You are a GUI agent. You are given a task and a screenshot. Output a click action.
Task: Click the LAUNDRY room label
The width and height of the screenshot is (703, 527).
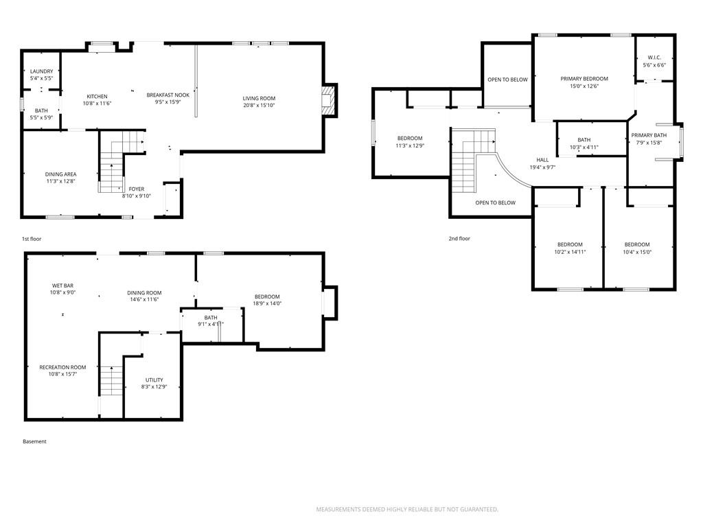coord(42,71)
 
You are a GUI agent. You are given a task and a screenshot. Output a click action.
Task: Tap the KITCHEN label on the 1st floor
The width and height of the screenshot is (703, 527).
coord(97,96)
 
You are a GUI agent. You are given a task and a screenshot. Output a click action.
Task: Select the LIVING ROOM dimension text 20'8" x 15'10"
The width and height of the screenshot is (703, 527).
coord(259,105)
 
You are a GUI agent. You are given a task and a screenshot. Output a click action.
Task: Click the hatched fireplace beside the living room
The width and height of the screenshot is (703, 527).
coord(327,100)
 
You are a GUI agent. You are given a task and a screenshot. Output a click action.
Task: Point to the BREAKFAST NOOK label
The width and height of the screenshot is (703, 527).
coord(168,95)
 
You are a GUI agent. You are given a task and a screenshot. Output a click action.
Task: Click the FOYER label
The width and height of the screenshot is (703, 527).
coord(137,189)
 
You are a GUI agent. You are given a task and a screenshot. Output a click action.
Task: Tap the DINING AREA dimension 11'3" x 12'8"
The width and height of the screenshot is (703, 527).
coord(60,181)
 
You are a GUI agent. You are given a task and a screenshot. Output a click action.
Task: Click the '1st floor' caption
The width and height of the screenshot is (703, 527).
coord(32,239)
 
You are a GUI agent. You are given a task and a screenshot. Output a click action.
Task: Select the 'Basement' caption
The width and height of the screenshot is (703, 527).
coord(34,441)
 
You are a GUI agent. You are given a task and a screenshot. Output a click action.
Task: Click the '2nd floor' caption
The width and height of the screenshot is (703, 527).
coord(459,238)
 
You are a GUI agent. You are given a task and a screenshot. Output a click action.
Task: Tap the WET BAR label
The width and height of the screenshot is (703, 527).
coord(62,285)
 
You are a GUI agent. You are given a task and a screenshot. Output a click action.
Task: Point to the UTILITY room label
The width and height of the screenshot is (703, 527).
coord(154,380)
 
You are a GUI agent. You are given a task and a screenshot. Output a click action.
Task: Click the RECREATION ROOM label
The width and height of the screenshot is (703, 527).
coord(62,368)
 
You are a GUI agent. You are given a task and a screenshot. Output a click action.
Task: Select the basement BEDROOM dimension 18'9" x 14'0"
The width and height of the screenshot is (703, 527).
coord(267,303)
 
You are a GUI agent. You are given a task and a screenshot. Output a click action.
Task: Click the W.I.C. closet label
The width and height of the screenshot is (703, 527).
coord(654,58)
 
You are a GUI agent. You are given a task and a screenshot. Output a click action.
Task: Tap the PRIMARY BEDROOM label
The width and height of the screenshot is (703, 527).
coord(584,79)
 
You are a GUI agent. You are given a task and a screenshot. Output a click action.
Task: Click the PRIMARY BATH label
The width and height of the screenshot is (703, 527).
coord(649,135)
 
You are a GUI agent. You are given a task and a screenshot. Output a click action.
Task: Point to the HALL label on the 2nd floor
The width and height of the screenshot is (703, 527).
coord(542,160)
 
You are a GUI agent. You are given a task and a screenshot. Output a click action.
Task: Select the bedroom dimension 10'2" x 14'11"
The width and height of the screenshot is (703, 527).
coord(570,252)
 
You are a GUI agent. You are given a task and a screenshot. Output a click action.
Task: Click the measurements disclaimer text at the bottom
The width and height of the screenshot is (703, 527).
coord(408,510)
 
